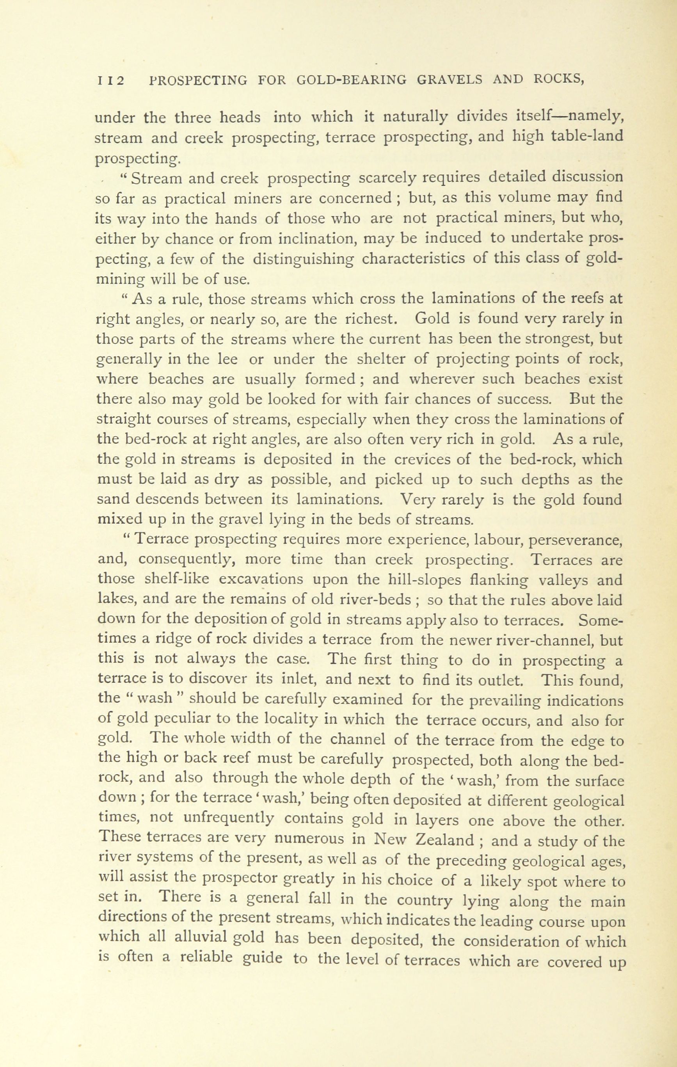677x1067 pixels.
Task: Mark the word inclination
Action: tap(316, 238)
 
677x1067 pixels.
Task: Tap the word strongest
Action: tap(560, 339)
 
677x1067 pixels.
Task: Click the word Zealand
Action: tap(446, 840)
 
